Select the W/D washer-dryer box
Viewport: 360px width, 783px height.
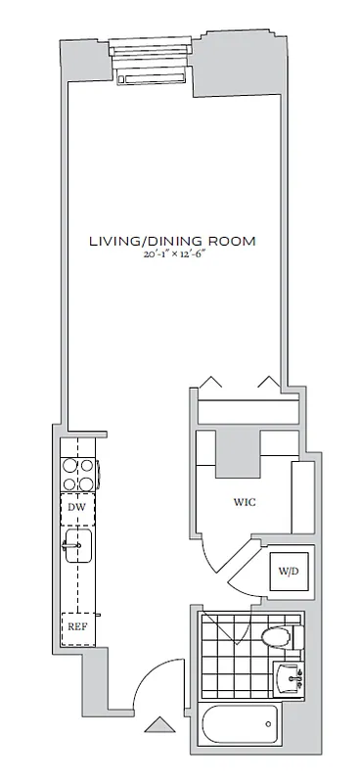click(x=289, y=571)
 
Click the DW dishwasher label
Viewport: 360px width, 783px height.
click(x=75, y=507)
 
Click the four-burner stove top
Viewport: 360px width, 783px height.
click(x=77, y=475)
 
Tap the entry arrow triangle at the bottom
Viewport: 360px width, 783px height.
click(x=156, y=726)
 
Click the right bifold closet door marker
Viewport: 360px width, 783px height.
click(x=265, y=382)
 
